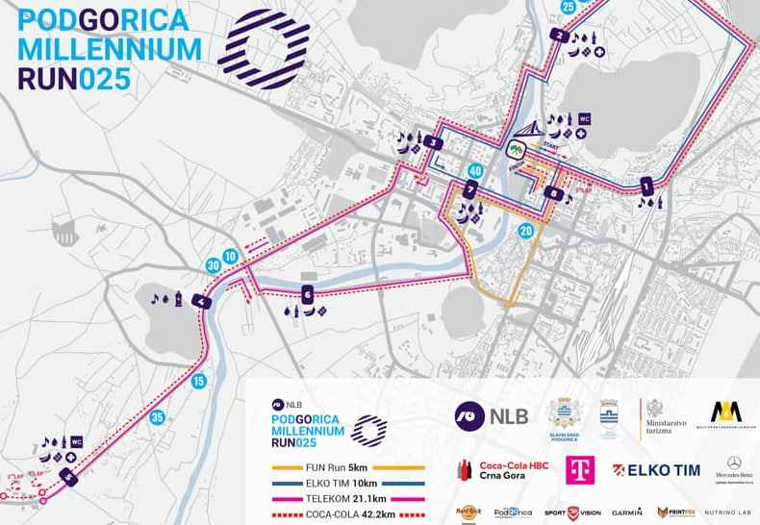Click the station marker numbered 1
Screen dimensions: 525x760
[646, 184]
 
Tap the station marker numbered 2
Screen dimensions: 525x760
[558, 36]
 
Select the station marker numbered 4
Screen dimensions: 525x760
[201, 302]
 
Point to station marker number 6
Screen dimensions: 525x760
[307, 294]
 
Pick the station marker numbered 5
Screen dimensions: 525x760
[67, 475]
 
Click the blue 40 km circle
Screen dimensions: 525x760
[474, 171]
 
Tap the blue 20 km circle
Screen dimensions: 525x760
[525, 231]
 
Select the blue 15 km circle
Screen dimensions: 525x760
[199, 381]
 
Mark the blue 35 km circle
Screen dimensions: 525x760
[157, 417]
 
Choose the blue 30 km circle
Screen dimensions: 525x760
[214, 265]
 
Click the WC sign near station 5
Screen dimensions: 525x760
[76, 442]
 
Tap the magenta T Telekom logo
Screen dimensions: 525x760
[579, 468]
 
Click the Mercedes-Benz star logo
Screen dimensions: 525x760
[734, 463]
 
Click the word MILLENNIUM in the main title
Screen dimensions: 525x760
[110, 48]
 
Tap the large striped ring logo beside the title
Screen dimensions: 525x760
[263, 49]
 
